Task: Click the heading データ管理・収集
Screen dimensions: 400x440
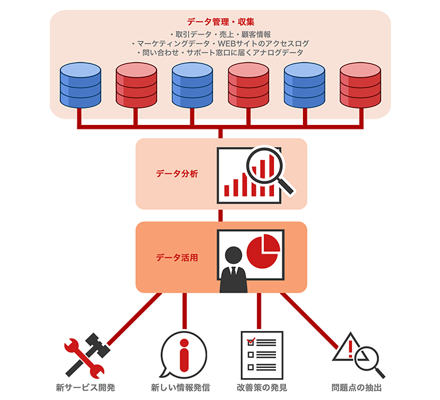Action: [220, 21]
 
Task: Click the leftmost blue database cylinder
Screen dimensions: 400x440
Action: [80, 85]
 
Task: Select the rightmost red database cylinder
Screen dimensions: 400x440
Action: [360, 85]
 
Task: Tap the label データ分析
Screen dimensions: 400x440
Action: [177, 174]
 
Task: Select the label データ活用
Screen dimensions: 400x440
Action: [177, 257]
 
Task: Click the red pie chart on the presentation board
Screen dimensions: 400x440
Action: [263, 251]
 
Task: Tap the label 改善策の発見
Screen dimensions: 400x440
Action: [261, 387]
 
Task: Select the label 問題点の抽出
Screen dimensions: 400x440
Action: [356, 387]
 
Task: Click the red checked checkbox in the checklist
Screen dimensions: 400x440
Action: [251, 342]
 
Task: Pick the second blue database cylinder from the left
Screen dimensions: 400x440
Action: [192, 85]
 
